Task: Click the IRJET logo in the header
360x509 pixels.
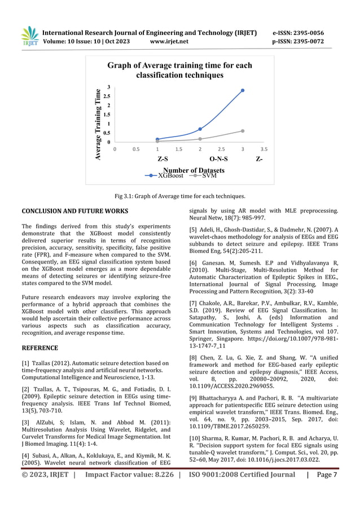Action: (29, 36)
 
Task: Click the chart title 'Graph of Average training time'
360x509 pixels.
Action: (179, 71)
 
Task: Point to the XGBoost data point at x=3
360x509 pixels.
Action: (243, 90)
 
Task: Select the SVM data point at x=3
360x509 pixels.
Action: (243, 131)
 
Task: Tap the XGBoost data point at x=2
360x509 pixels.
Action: (200, 129)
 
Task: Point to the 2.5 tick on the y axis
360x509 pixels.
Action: (109, 96)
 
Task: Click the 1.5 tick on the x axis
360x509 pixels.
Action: (178, 150)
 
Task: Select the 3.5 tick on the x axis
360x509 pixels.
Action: (264, 150)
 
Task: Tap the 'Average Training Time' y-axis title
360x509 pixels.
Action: (98, 125)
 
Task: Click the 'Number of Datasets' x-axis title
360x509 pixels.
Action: (193, 170)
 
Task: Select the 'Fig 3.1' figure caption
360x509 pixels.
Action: (179, 196)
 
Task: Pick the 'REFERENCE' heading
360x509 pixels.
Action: (39, 348)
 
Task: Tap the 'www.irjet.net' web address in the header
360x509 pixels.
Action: (169, 41)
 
